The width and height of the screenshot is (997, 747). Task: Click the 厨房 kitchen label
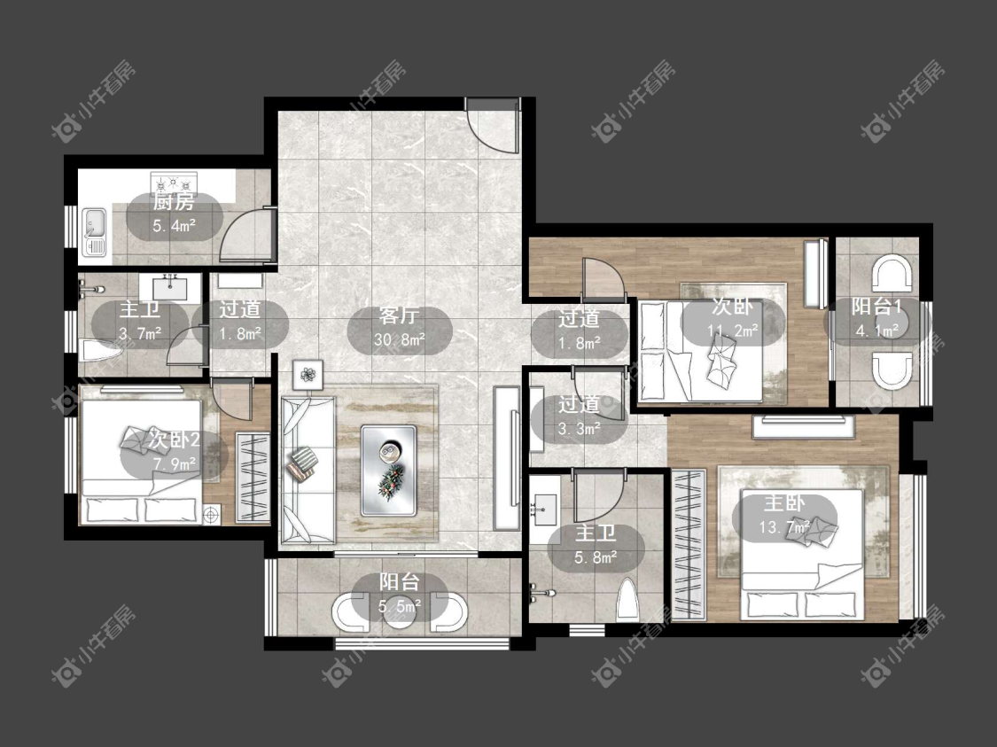[x=174, y=203]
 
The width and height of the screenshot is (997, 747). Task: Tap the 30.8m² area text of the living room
[x=400, y=340]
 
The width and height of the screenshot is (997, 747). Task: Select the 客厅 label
[x=400, y=315]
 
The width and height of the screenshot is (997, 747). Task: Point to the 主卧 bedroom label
[x=784, y=503]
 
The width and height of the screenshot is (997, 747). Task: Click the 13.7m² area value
[x=784, y=527]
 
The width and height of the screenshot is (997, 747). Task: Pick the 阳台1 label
[x=876, y=307]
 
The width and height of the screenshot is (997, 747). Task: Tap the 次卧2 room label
[x=175, y=439]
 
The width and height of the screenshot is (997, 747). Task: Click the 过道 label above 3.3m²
[x=579, y=404]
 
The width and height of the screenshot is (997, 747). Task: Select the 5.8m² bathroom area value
[x=596, y=557]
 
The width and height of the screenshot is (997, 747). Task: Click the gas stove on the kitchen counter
[x=174, y=182]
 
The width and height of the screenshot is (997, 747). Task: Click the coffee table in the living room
[x=388, y=471]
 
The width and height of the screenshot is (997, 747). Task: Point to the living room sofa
[x=308, y=470]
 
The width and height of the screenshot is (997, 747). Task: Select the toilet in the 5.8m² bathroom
[x=627, y=597]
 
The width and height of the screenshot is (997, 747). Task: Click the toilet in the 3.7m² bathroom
[x=102, y=349]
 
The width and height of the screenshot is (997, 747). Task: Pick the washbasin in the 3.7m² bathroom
[x=170, y=288]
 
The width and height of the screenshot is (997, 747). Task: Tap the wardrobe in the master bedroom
[x=689, y=545]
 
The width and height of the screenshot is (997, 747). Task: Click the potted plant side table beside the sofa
[x=308, y=375]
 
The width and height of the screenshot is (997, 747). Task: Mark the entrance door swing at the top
[x=492, y=125]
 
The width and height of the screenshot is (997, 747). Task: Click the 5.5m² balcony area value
[x=400, y=606]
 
